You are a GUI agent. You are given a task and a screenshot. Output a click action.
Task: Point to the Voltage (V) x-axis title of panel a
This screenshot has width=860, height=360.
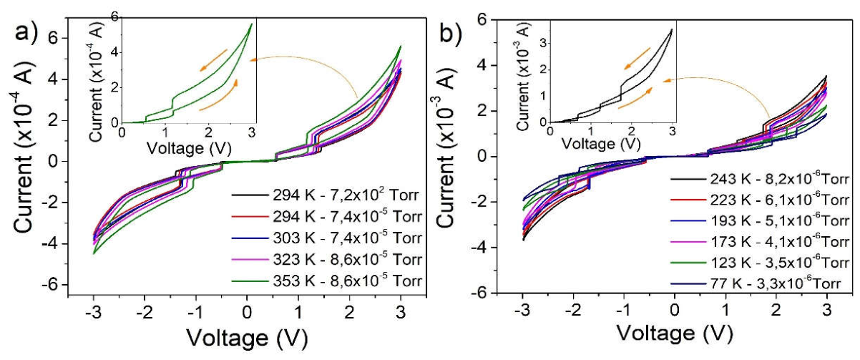pyautogui.click(x=248, y=338)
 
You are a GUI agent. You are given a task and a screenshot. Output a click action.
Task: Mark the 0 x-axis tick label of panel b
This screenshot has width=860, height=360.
pyautogui.click(x=674, y=310)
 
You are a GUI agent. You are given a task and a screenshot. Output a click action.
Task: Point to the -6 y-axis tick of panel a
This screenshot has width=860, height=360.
pyautogui.click(x=54, y=285)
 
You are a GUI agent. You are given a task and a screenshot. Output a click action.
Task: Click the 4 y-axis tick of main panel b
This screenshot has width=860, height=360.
pyautogui.click(x=483, y=65)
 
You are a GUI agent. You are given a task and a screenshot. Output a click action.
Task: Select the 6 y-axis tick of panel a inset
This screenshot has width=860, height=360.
pyautogui.click(x=115, y=16)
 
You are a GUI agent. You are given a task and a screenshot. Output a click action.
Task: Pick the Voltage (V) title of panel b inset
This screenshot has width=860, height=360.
pyautogui.click(x=601, y=144)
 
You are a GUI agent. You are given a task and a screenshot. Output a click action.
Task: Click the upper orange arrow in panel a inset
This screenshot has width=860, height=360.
pyautogui.click(x=213, y=60)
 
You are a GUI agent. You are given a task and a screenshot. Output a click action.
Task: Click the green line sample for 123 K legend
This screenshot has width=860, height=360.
pyautogui.click(x=688, y=263)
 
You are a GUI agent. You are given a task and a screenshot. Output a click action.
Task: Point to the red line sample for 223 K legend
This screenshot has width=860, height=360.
pyautogui.click(x=688, y=200)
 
